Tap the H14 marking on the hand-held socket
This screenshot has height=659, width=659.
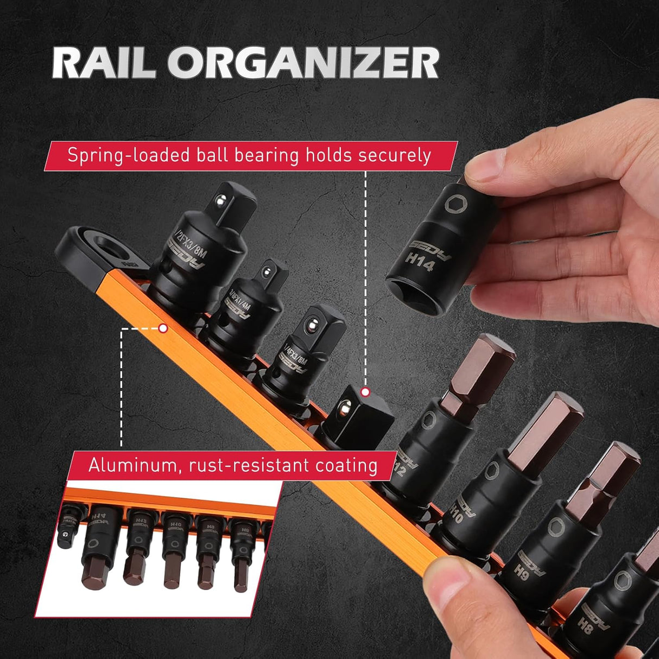419,261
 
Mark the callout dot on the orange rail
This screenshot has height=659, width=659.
162,328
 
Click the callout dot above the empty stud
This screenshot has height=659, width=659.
365,391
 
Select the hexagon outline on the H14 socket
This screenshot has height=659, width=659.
453,205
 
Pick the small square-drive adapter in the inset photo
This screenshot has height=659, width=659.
67,524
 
